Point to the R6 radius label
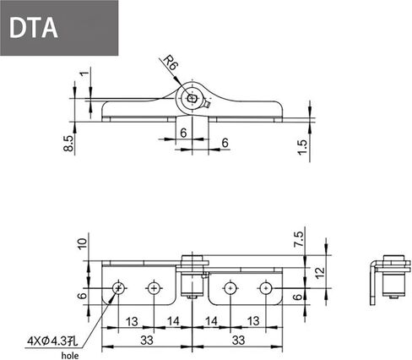pos(171,64)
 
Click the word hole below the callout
pos(68,355)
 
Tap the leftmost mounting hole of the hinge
pos(118,288)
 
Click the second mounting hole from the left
pos(154,288)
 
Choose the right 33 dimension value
pos(239,340)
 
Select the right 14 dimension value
pos(211,321)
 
